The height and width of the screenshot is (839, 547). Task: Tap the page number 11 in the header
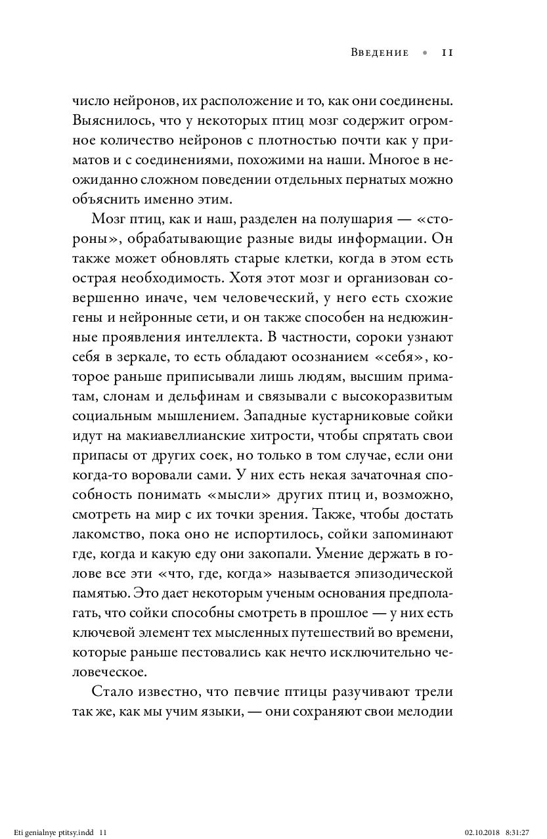coord(447,53)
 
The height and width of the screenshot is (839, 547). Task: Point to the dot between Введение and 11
coord(425,54)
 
